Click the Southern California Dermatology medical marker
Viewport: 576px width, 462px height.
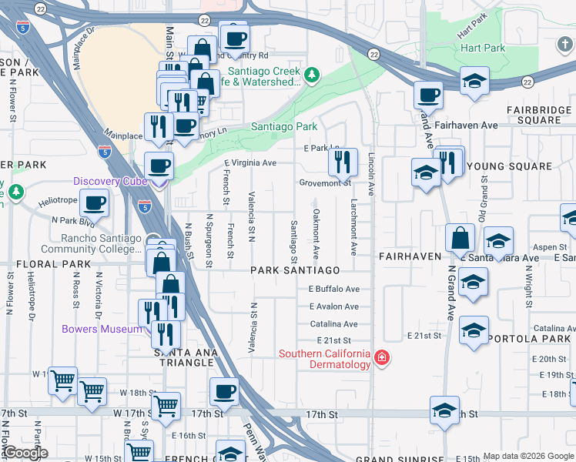(x=381, y=357)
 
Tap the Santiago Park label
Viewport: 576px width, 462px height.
(x=284, y=126)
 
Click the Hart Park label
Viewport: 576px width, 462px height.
(x=483, y=48)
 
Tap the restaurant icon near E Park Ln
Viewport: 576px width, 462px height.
(x=343, y=161)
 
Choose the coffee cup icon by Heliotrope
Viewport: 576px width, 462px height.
(x=94, y=203)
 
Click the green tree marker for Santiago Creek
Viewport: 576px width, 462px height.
(x=311, y=75)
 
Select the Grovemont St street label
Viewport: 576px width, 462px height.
(x=325, y=183)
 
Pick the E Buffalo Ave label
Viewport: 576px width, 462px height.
(x=333, y=290)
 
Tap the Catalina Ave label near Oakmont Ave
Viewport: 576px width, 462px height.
(x=334, y=324)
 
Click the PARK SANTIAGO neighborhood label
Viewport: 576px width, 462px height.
(x=295, y=270)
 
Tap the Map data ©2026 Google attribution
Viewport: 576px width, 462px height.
(x=528, y=456)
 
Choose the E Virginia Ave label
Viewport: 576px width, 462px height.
(x=250, y=163)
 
